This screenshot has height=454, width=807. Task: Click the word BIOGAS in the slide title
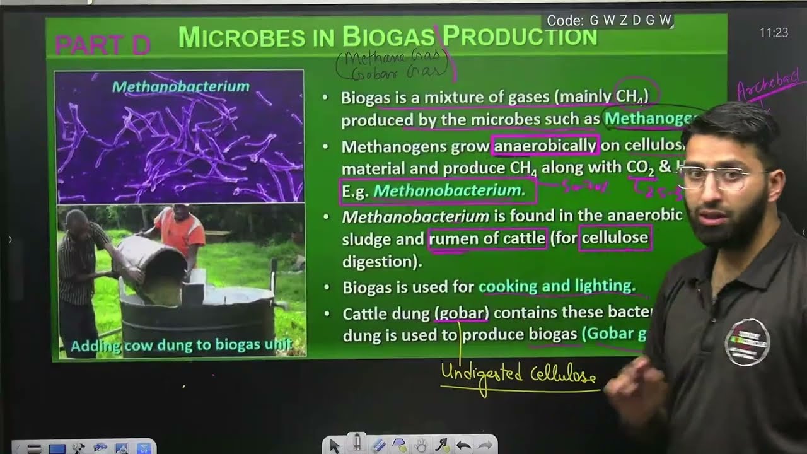pos(388,37)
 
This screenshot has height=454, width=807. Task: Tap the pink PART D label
pos(102,45)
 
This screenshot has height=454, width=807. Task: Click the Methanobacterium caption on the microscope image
pos(181,86)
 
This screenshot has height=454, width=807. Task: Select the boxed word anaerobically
pos(545,146)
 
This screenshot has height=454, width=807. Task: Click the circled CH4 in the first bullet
pos(636,96)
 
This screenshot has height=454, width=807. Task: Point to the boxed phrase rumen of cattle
pos(487,239)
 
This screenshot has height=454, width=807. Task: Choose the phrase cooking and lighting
pos(557,286)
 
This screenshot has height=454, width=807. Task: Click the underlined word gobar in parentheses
pos(462,313)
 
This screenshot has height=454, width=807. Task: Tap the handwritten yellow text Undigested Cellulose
pos(518,374)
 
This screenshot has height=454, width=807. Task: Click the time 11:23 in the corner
pos(774,33)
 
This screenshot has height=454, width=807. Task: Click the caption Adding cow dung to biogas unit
pos(182,346)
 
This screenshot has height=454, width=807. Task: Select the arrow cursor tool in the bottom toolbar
pos(334,446)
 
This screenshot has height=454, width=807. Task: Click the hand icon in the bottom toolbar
pos(421,446)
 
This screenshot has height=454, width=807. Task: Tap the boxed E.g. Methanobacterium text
pos(438,190)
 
